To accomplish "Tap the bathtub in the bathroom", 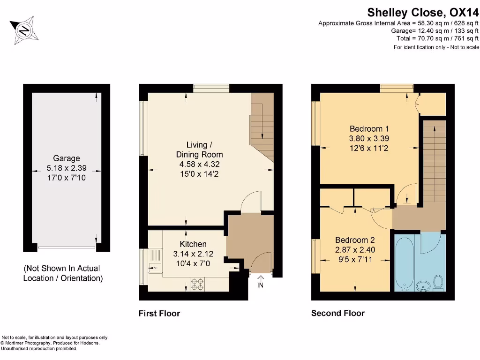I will [x=404, y=262].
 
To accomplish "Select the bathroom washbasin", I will [x=425, y=285].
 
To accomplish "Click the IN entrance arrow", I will [x=260, y=281].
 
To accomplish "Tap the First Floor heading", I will [x=159, y=314].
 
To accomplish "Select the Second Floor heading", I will [x=337, y=314].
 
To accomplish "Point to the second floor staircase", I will [x=434, y=159].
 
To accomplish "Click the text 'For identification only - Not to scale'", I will [x=436, y=47].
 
